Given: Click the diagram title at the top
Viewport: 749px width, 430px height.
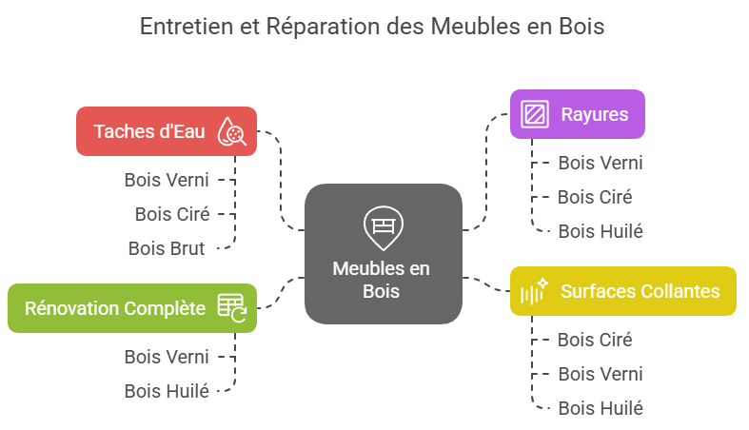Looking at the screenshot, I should (372, 27).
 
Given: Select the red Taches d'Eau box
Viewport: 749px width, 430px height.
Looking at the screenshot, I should (152, 131).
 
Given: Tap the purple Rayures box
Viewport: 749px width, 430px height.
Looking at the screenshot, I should (577, 114).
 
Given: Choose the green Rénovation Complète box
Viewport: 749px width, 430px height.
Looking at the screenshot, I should (131, 308).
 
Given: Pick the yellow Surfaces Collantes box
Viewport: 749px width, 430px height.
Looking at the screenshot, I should (622, 291).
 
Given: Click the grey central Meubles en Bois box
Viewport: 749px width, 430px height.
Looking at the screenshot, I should (383, 253).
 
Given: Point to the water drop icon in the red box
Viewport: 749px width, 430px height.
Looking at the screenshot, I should (231, 131).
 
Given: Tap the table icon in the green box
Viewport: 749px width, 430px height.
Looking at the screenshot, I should (231, 307).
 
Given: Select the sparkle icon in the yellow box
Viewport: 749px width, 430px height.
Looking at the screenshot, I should (534, 292).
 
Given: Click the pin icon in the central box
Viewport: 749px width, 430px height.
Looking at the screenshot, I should (382, 226).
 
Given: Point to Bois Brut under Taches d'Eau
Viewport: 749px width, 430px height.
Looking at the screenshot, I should (167, 248).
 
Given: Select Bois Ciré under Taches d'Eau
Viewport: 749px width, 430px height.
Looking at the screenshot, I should (171, 214).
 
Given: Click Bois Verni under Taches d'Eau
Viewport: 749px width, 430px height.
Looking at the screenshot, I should (167, 179).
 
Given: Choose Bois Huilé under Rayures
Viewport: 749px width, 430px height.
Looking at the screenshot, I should (600, 231).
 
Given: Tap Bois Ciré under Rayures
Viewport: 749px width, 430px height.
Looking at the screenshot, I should (595, 197).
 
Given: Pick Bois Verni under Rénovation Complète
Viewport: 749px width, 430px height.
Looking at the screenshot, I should (167, 357).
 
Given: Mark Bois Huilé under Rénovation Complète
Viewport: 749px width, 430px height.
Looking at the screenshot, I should (167, 391).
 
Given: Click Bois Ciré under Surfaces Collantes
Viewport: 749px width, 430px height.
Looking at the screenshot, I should (595, 340).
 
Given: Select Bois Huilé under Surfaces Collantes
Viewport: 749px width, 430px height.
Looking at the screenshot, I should (600, 408).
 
